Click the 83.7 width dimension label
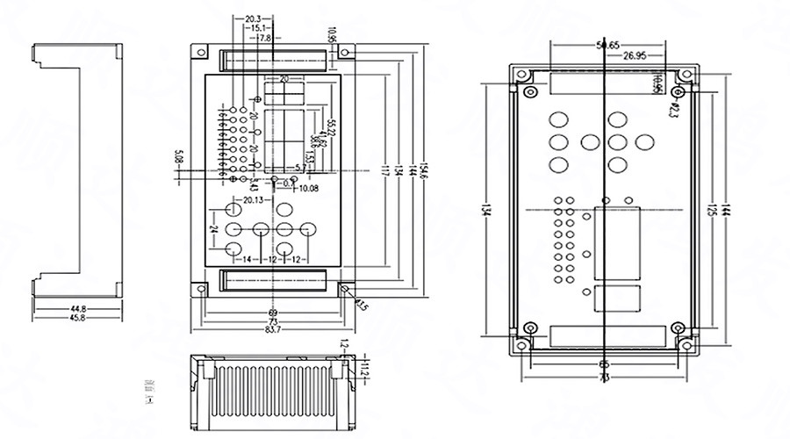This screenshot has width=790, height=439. [x=272, y=329]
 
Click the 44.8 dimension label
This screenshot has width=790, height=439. [x=79, y=308]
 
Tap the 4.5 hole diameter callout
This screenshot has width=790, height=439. [x=362, y=305]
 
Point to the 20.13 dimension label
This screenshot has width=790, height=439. [x=254, y=200]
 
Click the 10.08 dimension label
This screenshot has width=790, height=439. [x=309, y=188]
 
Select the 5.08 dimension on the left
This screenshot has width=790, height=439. [x=179, y=158]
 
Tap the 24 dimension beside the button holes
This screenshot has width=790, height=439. [x=213, y=229]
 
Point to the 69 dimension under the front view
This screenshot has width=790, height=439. [x=272, y=313]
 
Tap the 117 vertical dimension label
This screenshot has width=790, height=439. [x=384, y=170]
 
